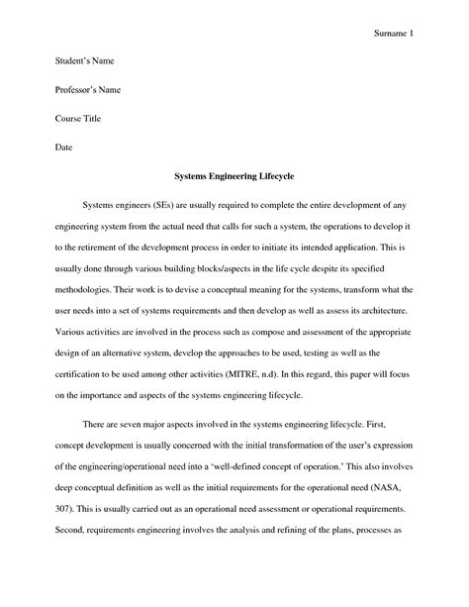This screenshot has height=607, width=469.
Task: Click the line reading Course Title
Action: point(76,120)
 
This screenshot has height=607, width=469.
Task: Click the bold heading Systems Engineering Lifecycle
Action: point(234,177)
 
